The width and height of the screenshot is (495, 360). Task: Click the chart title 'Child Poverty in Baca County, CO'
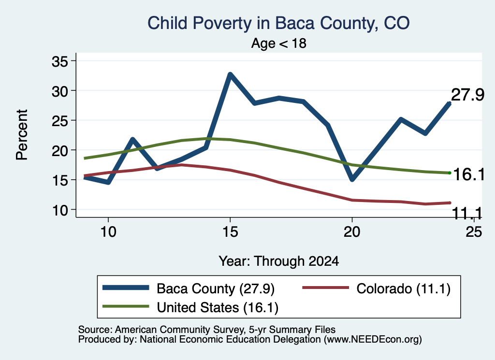pyautogui.click(x=278, y=23)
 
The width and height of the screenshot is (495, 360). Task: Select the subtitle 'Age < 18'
pyautogui.click(x=279, y=43)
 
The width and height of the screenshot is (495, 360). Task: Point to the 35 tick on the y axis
pyautogui.click(x=59, y=61)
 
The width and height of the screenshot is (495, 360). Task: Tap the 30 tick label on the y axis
pyautogui.click(x=59, y=91)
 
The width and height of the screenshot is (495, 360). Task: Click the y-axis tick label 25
pyautogui.click(x=59, y=121)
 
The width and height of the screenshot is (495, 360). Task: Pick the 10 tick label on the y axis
pyautogui.click(x=59, y=210)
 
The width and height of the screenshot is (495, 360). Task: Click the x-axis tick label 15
pyautogui.click(x=230, y=232)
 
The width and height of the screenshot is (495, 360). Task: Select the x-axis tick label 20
pyautogui.click(x=352, y=232)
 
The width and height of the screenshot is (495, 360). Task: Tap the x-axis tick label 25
pyautogui.click(x=474, y=232)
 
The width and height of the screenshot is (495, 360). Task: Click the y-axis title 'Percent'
pyautogui.click(x=22, y=135)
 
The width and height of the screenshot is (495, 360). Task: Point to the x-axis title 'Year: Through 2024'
pyautogui.click(x=279, y=261)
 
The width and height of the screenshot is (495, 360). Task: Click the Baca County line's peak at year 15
pyautogui.click(x=231, y=74)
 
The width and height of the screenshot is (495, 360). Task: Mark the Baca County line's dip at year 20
pyautogui.click(x=352, y=179)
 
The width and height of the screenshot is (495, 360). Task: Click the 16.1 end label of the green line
pyautogui.click(x=469, y=174)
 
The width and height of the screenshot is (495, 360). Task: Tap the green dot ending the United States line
pyautogui.click(x=450, y=173)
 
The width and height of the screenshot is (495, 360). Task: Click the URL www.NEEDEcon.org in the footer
pyautogui.click(x=373, y=340)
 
